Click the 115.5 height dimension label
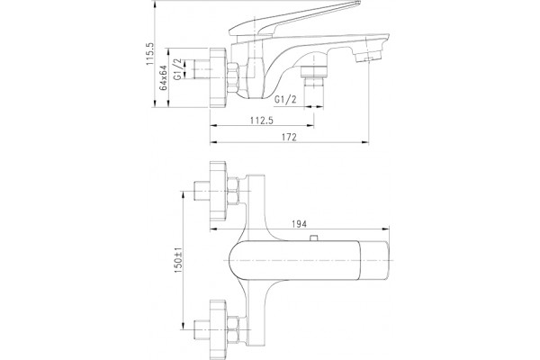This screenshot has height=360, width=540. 150,54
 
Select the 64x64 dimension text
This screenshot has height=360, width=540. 164,77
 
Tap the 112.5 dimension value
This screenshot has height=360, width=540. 262,121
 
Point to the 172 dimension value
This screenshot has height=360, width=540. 289,137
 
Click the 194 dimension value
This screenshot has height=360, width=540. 299,224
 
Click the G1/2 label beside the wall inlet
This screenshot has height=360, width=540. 177,69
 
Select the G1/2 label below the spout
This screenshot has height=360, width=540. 285,100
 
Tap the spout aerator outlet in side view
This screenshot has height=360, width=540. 368,57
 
